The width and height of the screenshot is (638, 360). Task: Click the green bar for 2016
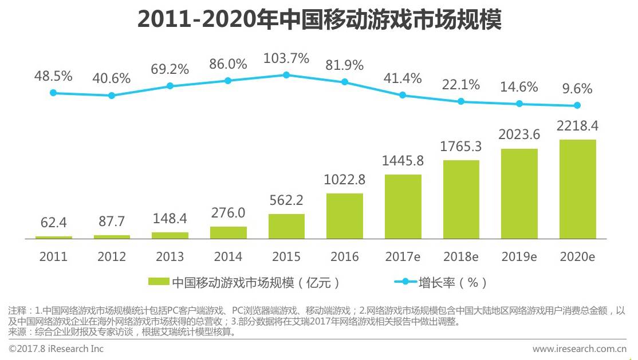tap(344, 216)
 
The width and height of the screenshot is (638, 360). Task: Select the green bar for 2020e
tap(577, 189)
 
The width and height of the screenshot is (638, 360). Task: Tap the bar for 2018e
tap(461, 199)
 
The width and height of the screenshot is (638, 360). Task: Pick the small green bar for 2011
tap(54, 237)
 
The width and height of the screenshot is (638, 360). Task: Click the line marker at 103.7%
tap(286, 75)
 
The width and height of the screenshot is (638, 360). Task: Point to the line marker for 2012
tap(112, 96)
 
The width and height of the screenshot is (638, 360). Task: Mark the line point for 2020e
tap(577, 105)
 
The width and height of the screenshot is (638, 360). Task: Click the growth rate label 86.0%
tap(227, 64)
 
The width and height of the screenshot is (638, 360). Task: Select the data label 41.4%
tap(403, 78)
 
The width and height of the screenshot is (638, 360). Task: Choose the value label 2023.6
tap(519, 135)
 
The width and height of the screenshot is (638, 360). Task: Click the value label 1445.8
tap(403, 162)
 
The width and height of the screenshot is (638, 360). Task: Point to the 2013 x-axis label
tap(170, 256)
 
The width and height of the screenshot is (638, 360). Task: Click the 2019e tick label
tap(519, 256)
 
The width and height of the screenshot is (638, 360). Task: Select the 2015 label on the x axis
tap(286, 256)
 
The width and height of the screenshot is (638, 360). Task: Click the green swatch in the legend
tap(159, 282)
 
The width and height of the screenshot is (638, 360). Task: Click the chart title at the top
tap(319, 21)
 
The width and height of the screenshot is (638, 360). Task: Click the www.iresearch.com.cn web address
tap(579, 349)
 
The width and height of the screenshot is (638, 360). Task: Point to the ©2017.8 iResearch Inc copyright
tap(56, 349)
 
